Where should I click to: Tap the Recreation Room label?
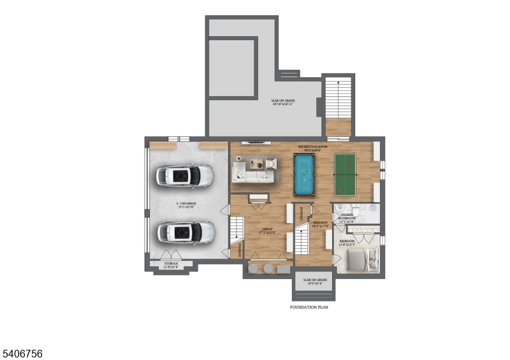pos(312,147)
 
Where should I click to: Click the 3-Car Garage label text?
pos(186,205)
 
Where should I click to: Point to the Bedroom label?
pos(347,241)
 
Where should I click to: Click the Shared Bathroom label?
pos(351,217)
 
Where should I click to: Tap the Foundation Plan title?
pos(309,307)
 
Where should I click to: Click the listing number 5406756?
pos(22,353)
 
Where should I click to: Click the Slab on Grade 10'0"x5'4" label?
pos(315,280)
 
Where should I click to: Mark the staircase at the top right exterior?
pos(338,105)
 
